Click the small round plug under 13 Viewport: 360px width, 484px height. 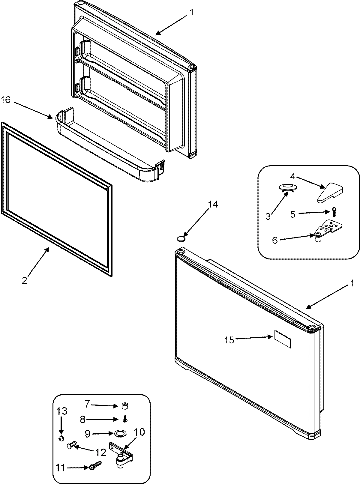(x=61, y=439)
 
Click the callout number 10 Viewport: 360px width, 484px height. (x=138, y=432)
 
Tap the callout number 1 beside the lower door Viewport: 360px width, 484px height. (x=352, y=283)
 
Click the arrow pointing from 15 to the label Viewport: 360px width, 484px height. (x=252, y=338)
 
